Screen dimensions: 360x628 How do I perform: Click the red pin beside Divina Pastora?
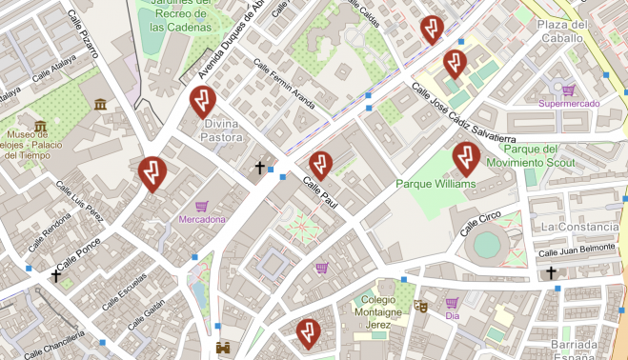(202, 99)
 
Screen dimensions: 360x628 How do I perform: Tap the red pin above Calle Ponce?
(152, 170)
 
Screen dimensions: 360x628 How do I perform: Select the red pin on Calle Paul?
(321, 164)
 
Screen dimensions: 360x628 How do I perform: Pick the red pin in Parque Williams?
(465, 158)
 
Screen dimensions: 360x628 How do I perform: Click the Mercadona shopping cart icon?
(201, 206)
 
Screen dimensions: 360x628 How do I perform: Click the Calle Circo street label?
(481, 224)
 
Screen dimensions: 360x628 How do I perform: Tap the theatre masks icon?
(419, 307)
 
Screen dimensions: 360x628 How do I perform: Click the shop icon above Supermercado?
(569, 89)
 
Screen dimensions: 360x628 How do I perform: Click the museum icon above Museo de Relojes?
(40, 126)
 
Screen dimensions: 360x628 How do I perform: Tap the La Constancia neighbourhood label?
(579, 228)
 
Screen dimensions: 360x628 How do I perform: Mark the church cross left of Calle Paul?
(259, 168)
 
